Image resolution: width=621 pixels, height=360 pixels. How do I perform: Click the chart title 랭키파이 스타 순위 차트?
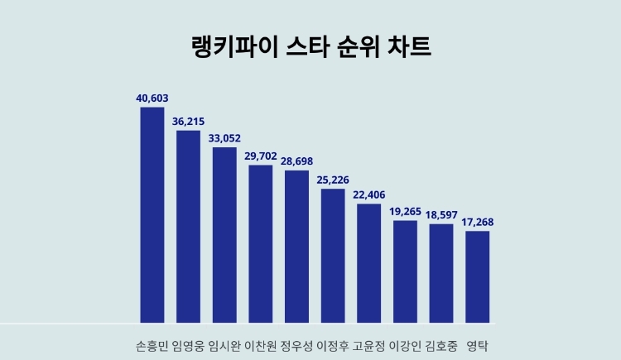click(310, 46)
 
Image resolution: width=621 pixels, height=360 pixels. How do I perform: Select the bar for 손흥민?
click(152, 214)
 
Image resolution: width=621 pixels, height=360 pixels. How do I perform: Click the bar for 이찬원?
click(261, 243)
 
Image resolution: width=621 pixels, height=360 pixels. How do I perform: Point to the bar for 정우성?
click(296, 246)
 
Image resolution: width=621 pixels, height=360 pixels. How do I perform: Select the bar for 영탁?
click(478, 276)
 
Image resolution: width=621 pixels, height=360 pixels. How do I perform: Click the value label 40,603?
click(152, 98)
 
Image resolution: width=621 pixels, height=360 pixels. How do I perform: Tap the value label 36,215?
click(188, 121)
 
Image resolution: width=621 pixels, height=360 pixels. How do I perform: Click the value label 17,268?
click(478, 222)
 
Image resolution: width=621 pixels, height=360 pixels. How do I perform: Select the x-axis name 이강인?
click(406, 344)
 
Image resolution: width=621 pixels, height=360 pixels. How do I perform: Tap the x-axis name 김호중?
click(441, 344)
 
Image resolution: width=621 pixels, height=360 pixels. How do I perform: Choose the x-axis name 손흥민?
click(152, 344)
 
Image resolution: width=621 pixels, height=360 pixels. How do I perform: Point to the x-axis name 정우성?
click(296, 344)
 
